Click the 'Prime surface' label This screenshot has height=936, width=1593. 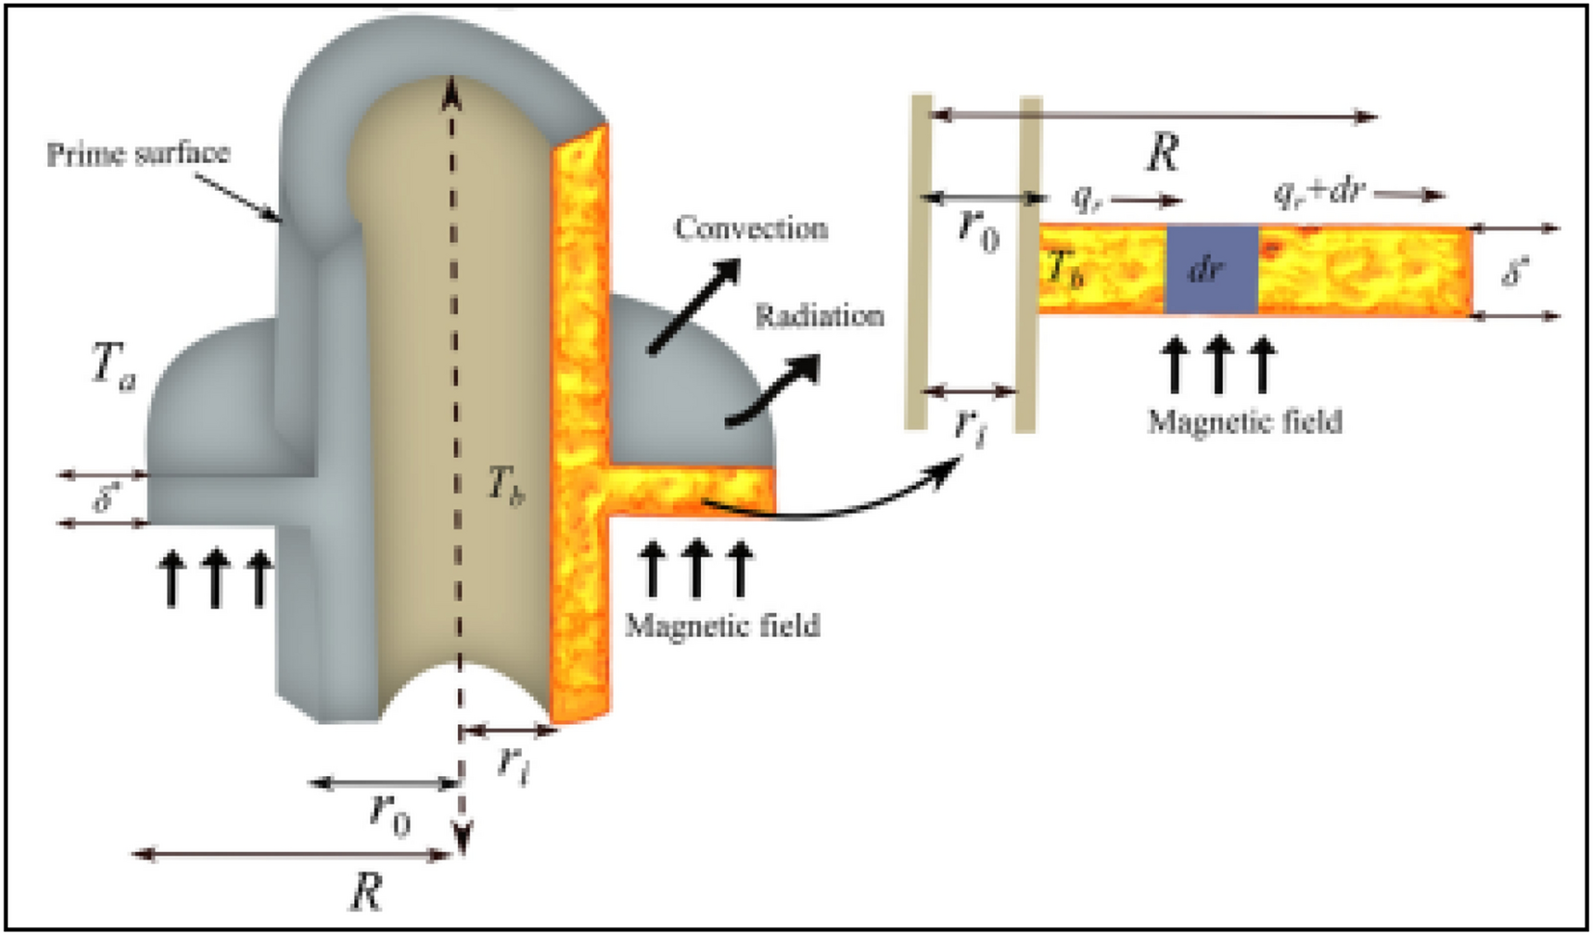tap(138, 153)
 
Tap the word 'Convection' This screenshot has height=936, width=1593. tap(750, 228)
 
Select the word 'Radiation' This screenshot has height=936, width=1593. tap(819, 315)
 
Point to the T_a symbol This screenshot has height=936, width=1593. tap(113, 368)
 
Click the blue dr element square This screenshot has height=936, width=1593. tap(1211, 271)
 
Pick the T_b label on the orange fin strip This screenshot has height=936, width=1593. tap(1065, 270)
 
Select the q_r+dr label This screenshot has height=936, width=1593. tap(1317, 192)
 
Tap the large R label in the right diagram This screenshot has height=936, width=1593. tap(1162, 152)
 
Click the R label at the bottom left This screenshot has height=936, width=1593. tap(364, 892)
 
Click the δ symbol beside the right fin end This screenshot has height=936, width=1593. tap(1515, 273)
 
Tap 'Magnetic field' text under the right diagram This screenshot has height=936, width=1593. tap(1244, 421)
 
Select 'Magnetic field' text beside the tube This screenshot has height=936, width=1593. tap(722, 626)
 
